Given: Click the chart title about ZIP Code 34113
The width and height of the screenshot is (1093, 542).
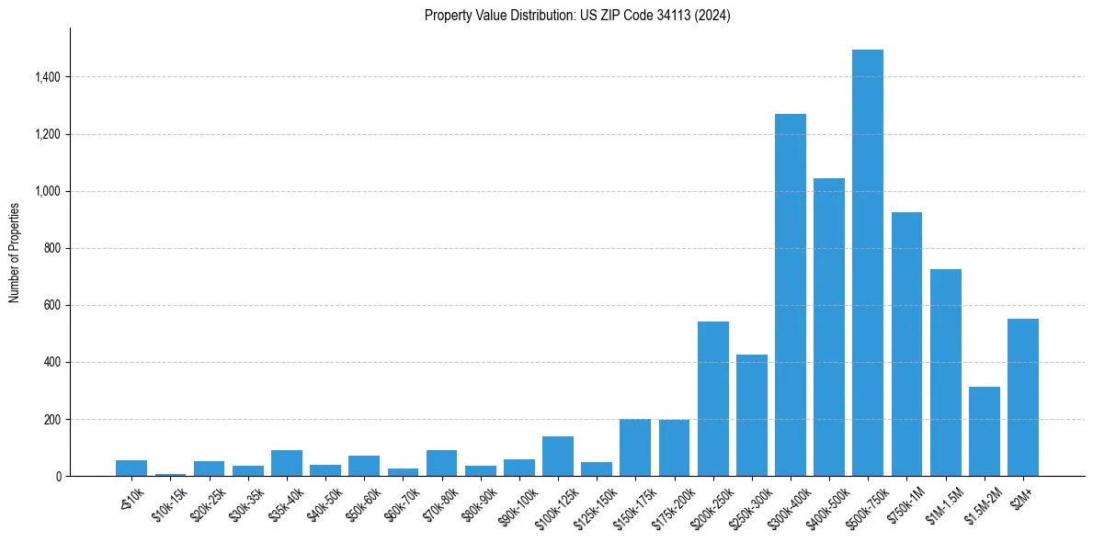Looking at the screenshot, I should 577,16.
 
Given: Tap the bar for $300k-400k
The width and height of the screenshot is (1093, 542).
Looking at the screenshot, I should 791,295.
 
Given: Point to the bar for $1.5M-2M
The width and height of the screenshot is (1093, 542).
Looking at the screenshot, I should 985,431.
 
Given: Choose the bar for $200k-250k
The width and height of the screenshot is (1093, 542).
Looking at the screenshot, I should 713,399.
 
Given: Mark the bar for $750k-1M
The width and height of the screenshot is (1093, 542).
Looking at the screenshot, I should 906,344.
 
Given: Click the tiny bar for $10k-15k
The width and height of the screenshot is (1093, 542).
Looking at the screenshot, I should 170,474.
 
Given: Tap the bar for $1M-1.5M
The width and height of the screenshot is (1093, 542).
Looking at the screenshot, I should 945,372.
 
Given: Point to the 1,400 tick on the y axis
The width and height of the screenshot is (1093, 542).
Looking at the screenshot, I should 47,77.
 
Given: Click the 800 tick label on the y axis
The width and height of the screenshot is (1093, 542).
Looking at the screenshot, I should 51,248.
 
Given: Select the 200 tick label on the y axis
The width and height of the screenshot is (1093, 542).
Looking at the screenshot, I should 51,419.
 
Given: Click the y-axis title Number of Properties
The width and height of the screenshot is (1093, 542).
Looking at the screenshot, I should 15,252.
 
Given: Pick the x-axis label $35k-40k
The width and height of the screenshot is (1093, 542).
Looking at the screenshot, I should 284,502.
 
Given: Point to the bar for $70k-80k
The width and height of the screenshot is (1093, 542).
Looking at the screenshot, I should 441,463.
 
